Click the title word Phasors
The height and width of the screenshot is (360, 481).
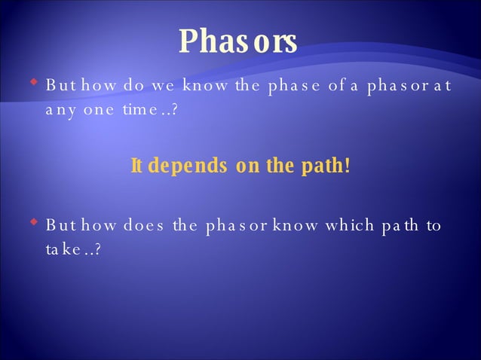(x=238, y=41)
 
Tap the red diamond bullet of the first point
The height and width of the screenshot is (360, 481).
(x=33, y=78)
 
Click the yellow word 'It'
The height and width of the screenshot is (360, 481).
(x=137, y=165)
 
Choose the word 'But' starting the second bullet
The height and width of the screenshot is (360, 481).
(x=59, y=226)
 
